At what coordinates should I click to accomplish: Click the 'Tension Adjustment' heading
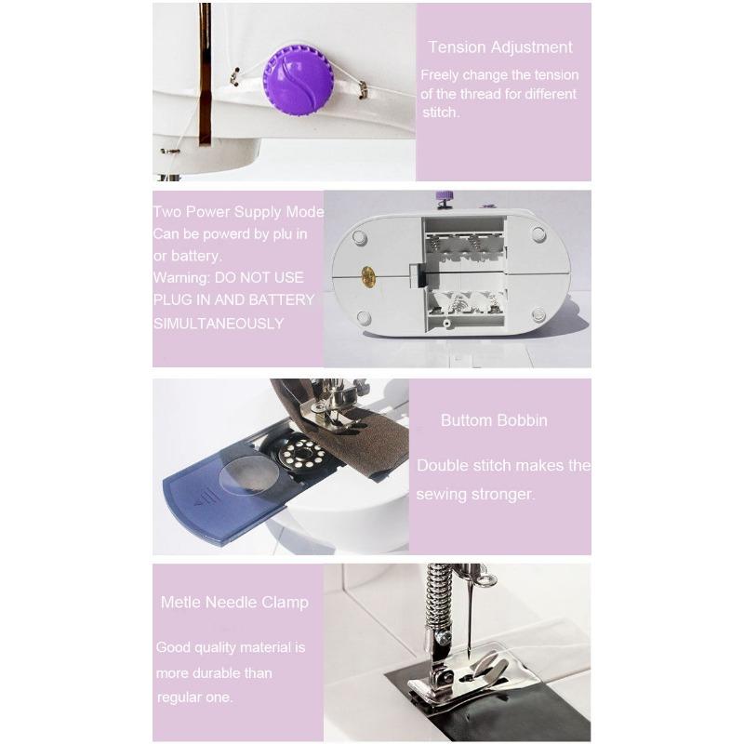point(500,47)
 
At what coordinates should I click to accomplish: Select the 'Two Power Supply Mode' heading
point(238,212)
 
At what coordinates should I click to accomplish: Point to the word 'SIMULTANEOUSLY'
point(219,323)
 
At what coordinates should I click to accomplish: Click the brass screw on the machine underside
point(366,275)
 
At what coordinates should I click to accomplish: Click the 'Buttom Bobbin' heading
point(494,420)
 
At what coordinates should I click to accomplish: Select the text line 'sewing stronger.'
point(475,495)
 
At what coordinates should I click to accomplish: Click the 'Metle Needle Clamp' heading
point(234,603)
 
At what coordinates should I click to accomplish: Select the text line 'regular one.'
point(194,697)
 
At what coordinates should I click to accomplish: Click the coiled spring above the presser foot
point(434,595)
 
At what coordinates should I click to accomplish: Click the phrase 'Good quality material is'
point(231,647)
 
